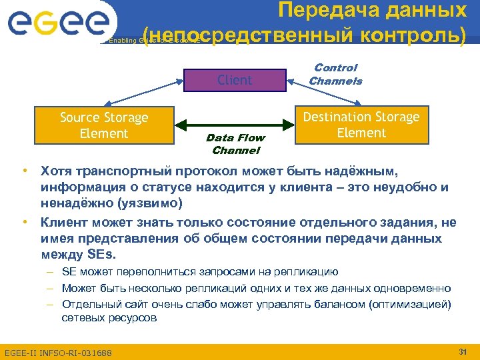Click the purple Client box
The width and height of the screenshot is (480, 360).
pos(235,80)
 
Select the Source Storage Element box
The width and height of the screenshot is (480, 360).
pos(104,125)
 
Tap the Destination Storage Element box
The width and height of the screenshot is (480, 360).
pos(361,125)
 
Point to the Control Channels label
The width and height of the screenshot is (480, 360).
pos(335,74)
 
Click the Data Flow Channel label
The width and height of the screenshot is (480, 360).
pos(235,144)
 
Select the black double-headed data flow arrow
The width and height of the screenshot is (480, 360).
pos(235,125)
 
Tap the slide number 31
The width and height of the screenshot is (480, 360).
pos(462,351)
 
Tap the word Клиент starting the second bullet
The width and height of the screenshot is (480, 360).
pos(65,222)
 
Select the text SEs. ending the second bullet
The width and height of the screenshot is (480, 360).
pos(99,254)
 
